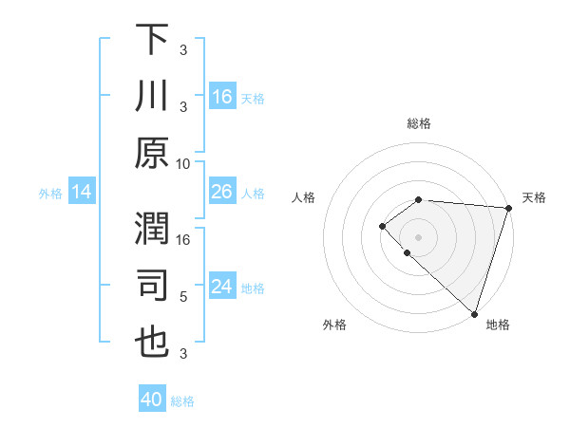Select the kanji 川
pyautogui.click(x=152, y=97)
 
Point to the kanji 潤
pyautogui.click(x=152, y=229)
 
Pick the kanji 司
pyautogui.click(x=152, y=286)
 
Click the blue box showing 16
pyautogui.click(x=222, y=96)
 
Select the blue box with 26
pyautogui.click(x=222, y=192)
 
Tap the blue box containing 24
pyautogui.click(x=222, y=287)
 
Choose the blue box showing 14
pyautogui.click(x=82, y=192)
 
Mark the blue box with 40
pyautogui.click(x=152, y=400)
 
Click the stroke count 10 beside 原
pyautogui.click(x=183, y=163)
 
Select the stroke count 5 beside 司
pyautogui.click(x=183, y=296)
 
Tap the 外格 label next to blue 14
pyautogui.click(x=50, y=193)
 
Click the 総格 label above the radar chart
pyautogui.click(x=418, y=123)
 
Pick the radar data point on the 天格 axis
pyautogui.click(x=508, y=208)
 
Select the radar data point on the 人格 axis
pyautogui.click(x=382, y=226)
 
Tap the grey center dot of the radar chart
pyautogui.click(x=418, y=236)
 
